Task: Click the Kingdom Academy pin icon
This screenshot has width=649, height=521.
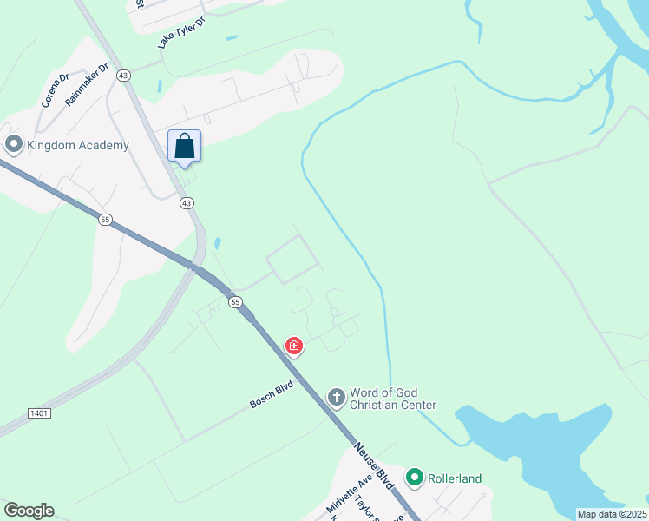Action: (13, 144)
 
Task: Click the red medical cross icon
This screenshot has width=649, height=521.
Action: (294, 347)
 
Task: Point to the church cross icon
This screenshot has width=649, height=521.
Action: (336, 398)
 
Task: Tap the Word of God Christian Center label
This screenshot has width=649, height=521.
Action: (392, 399)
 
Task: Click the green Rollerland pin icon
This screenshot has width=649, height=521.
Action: (415, 477)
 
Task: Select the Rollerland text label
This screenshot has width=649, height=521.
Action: (453, 478)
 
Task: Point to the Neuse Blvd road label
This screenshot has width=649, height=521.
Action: (374, 466)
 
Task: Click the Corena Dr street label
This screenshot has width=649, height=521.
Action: (55, 90)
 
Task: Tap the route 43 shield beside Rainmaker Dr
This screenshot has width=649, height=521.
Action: (124, 76)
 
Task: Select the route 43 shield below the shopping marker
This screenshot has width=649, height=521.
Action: (187, 202)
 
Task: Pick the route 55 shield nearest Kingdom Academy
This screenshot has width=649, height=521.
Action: (105, 221)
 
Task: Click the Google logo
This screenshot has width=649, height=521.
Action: (29, 511)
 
